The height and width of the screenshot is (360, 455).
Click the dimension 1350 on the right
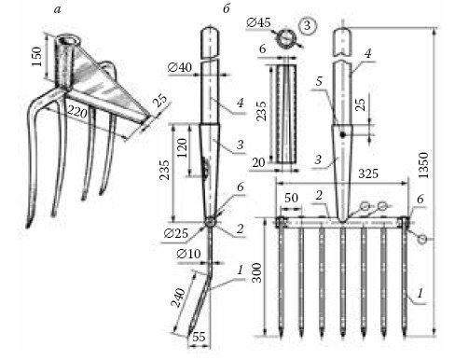coord(423,165)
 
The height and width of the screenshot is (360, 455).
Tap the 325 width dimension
coord(368,173)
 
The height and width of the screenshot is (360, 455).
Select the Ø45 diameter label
coord(258,22)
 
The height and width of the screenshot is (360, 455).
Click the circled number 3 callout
coord(308,25)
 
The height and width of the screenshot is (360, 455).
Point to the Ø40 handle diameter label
coord(180,67)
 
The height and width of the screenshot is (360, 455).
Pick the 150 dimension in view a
coord(36,56)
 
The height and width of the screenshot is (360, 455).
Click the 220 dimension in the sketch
coord(77,111)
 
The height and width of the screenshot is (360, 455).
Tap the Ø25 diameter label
coord(176,233)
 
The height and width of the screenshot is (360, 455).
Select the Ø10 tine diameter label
coord(188,254)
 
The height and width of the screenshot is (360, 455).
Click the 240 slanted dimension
coord(178,298)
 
